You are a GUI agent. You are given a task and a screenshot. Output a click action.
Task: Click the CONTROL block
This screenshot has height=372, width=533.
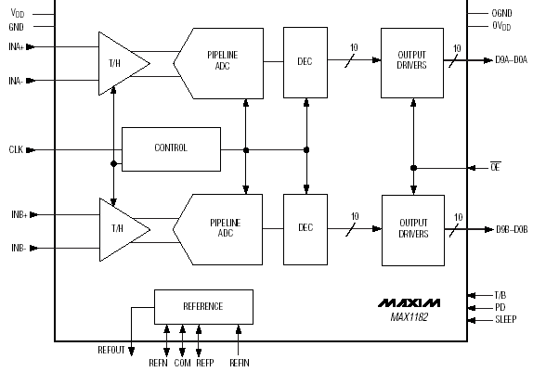tap(171, 149)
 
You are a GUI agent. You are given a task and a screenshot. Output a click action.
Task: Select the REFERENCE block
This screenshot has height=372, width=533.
tap(203, 307)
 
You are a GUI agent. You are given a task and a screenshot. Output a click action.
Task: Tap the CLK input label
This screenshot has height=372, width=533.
tap(16, 149)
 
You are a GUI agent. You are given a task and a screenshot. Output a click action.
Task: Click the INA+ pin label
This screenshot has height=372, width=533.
tap(17, 46)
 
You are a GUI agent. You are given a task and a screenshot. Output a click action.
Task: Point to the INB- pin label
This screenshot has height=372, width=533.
tap(19, 248)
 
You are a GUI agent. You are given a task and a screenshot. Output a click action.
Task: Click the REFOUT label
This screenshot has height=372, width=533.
tap(111, 350)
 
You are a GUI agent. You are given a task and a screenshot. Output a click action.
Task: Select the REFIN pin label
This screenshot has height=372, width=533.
tap(240, 363)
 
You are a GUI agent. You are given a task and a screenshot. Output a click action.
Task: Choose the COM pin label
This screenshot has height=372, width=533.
tap(183, 363)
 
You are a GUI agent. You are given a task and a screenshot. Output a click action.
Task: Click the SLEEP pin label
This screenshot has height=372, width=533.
tap(506, 319)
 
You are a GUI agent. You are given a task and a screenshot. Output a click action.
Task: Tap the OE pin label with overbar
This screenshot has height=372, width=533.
tap(496, 167)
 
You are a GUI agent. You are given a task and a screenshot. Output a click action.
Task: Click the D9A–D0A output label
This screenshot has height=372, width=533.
tap(512, 60)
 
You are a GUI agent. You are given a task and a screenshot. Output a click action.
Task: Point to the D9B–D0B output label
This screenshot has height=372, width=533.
tap(512, 229)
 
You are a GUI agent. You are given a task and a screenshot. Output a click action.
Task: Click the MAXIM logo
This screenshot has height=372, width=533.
tap(409, 302)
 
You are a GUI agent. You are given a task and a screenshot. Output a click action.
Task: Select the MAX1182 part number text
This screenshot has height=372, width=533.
tap(409, 317)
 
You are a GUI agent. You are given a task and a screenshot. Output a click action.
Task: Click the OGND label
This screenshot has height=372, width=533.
tap(501, 13)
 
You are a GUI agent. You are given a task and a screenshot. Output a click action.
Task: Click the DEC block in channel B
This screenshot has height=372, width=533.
tap(305, 229)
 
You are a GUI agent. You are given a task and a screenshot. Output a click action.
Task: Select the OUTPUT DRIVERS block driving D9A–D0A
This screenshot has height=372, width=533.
tap(412, 63)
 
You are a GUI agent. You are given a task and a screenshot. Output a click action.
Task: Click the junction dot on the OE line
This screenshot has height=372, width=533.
tap(413, 168)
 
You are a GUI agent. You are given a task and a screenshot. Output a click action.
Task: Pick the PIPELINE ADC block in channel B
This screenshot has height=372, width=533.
tap(221, 229)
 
